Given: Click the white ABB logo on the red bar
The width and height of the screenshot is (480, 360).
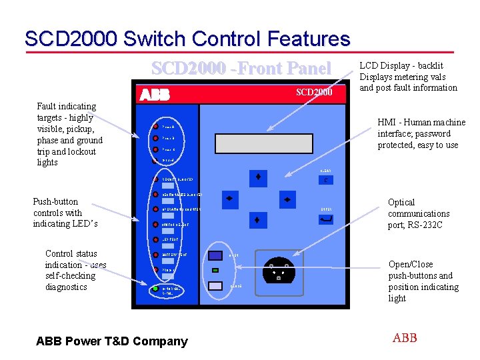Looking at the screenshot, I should pyautogui.click(x=155, y=94).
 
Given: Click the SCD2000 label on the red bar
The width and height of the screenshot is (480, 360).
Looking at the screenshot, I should pyautogui.click(x=313, y=92).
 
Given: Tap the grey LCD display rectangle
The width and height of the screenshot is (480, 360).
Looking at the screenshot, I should pyautogui.click(x=271, y=143).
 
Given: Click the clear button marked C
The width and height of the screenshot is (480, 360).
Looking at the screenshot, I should pyautogui.click(x=325, y=180).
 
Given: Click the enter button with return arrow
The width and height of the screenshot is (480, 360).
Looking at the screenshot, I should pyautogui.click(x=326, y=219).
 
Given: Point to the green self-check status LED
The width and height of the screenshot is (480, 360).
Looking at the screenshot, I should pyautogui.click(x=155, y=289).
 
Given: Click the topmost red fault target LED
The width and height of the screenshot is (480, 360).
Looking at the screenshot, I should pyautogui.click(x=155, y=126).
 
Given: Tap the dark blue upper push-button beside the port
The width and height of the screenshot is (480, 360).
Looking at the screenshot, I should pyautogui.click(x=215, y=255).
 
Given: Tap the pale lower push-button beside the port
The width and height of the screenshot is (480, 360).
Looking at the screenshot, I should pyautogui.click(x=215, y=285).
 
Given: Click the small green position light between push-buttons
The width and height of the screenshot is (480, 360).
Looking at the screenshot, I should pyautogui.click(x=215, y=271).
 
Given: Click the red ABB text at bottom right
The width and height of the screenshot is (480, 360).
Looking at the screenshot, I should pyautogui.click(x=405, y=338).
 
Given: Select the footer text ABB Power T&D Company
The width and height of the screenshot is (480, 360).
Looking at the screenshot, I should pyautogui.click(x=112, y=341).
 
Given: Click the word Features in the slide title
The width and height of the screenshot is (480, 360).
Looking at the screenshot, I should pyautogui.click(x=305, y=39).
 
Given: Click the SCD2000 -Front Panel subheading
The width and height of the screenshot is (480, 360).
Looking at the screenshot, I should pyautogui.click(x=241, y=68).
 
